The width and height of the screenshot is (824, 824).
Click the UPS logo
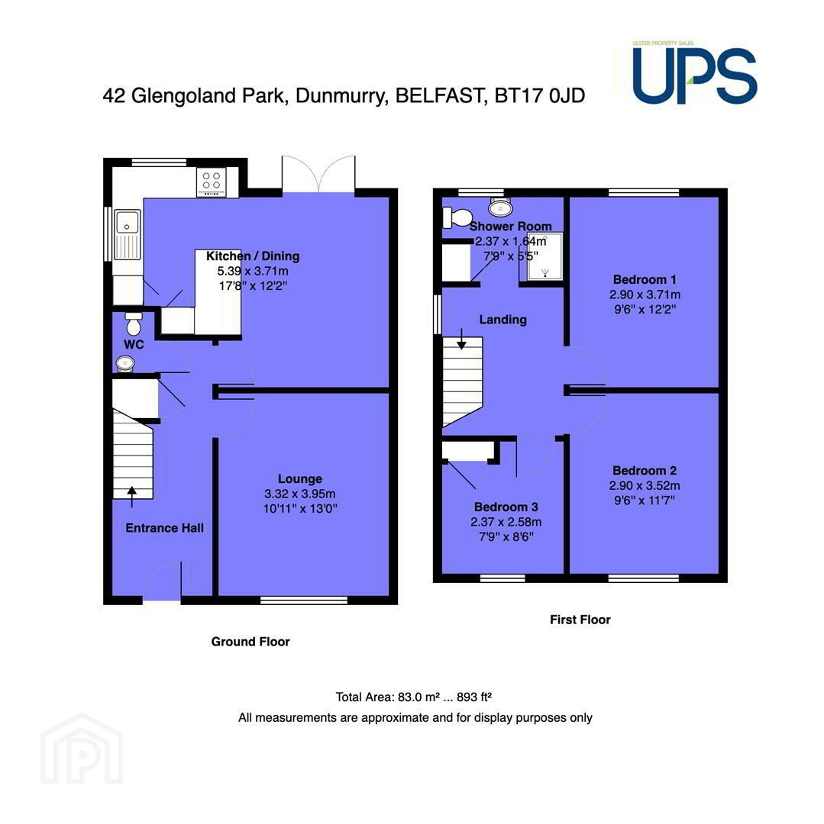pos(695,72)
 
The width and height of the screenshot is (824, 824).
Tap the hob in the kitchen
pos(212,182)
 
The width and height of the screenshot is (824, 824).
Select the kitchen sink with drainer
pos(127,234)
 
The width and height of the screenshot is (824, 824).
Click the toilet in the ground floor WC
pos(134,323)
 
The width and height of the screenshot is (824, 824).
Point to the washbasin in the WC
pos(125,363)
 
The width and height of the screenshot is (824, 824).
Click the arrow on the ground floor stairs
pos(131,497)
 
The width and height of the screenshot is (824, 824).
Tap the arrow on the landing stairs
pos(461,339)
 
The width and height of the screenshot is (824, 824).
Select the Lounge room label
pos(299,478)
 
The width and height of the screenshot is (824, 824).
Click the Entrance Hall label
pos(165,528)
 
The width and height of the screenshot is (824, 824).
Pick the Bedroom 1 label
pos(645,279)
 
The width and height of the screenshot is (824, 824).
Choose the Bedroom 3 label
pos(506,507)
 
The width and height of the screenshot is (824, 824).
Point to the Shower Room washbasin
pos(500,208)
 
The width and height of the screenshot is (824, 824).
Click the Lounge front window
pos(304,600)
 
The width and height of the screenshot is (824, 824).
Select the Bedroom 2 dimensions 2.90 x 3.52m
pos(645,485)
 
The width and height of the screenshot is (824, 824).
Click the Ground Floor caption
pos(250,642)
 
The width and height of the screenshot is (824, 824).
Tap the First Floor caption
pos(580,620)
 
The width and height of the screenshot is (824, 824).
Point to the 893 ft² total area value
pos(473,697)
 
